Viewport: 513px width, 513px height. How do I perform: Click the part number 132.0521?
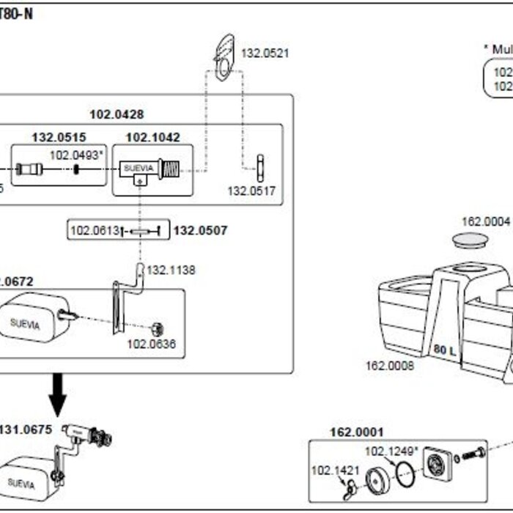coord(265,53)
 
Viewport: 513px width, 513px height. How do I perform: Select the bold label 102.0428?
coord(117,114)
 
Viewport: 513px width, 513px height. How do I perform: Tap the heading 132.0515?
coord(59,137)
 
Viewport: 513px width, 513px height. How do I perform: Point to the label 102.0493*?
coord(77,155)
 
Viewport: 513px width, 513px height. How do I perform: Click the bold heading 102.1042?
coord(152,137)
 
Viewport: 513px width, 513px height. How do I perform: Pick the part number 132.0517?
coord(251,191)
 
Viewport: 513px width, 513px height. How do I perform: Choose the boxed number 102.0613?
coord(95,231)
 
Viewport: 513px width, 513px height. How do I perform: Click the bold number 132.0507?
coord(200,231)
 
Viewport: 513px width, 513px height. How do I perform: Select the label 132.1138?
coord(171,270)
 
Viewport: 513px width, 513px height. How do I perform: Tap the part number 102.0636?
coord(151,344)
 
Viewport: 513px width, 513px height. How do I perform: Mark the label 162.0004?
coord(485,221)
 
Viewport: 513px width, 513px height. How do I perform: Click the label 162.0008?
coord(389,364)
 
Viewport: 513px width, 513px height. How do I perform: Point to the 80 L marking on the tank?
coord(444,350)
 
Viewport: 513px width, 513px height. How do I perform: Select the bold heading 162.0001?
coord(356,432)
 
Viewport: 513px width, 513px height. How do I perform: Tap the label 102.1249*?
coord(391,451)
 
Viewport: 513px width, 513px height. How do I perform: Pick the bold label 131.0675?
coord(26,430)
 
